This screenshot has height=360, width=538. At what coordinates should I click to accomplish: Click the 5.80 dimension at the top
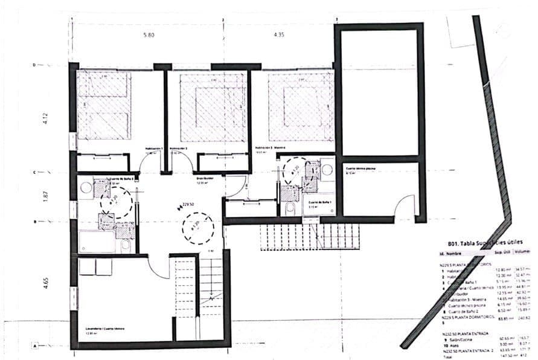(x=149, y=35)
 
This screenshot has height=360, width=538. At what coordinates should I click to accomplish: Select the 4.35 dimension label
(x=278, y=35)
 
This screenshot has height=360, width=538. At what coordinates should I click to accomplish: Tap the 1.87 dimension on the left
(x=45, y=196)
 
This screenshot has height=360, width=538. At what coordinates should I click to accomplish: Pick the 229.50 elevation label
(x=187, y=205)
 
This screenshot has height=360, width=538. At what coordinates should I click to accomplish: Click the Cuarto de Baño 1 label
(x=318, y=202)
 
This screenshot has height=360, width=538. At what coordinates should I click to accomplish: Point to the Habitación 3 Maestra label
(x=270, y=148)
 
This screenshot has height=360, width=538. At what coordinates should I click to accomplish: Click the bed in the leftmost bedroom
(x=104, y=106)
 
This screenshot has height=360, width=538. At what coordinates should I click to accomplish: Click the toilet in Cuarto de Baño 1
(x=290, y=207)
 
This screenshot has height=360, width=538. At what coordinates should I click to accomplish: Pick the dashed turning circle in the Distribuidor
(x=197, y=228)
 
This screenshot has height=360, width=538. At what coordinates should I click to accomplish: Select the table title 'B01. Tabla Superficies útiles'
(x=479, y=243)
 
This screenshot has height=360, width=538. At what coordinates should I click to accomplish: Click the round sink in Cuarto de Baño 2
(x=86, y=187)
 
